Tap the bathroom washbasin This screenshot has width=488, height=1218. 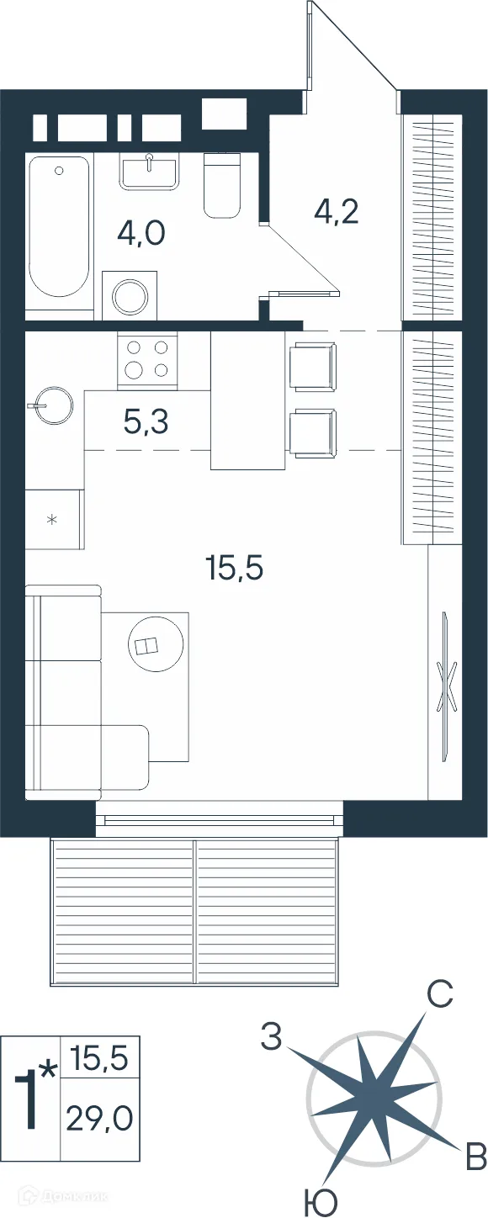click(149, 172)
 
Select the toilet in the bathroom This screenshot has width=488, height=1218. click(222, 185)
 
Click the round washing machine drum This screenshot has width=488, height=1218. click(130, 296)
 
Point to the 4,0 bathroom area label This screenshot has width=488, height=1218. click(141, 234)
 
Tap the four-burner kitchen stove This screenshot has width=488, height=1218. click(147, 360)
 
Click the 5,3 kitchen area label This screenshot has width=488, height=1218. click(146, 422)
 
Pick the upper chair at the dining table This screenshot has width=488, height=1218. click(312, 366)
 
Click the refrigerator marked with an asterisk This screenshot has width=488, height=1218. click(54, 519)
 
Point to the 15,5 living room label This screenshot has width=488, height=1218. click(235, 568)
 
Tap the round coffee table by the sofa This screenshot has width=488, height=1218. click(156, 644)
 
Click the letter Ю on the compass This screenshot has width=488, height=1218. click(321, 1202)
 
